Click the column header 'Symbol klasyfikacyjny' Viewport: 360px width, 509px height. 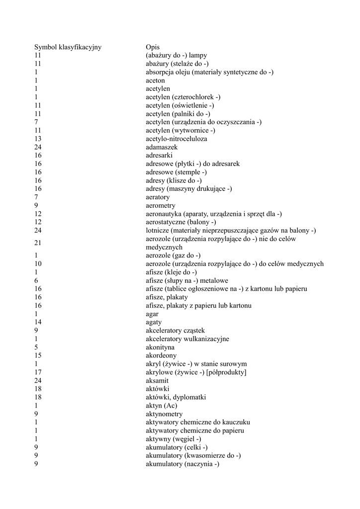click(68, 47)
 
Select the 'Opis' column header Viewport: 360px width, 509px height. click(153, 47)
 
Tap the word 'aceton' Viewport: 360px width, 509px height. click(155, 81)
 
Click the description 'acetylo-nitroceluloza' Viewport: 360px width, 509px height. click(177, 139)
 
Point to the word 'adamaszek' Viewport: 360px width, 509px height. click(162, 147)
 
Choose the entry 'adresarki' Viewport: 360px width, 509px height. click(159, 156)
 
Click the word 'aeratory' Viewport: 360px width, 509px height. click(158, 197)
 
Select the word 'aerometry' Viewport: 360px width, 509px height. click(160, 205)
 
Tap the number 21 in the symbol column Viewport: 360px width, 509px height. click(38, 243)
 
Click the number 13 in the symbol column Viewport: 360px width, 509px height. click(38, 139)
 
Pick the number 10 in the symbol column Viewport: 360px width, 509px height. click(38, 264)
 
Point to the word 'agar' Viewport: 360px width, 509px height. click(152, 314)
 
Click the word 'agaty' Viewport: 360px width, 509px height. click(154, 322)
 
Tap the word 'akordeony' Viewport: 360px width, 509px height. click(161, 356)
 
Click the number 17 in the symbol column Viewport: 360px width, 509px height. click(38, 372)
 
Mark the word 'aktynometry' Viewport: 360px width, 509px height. click(164, 414)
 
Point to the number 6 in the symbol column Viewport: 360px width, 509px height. click(36, 281)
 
